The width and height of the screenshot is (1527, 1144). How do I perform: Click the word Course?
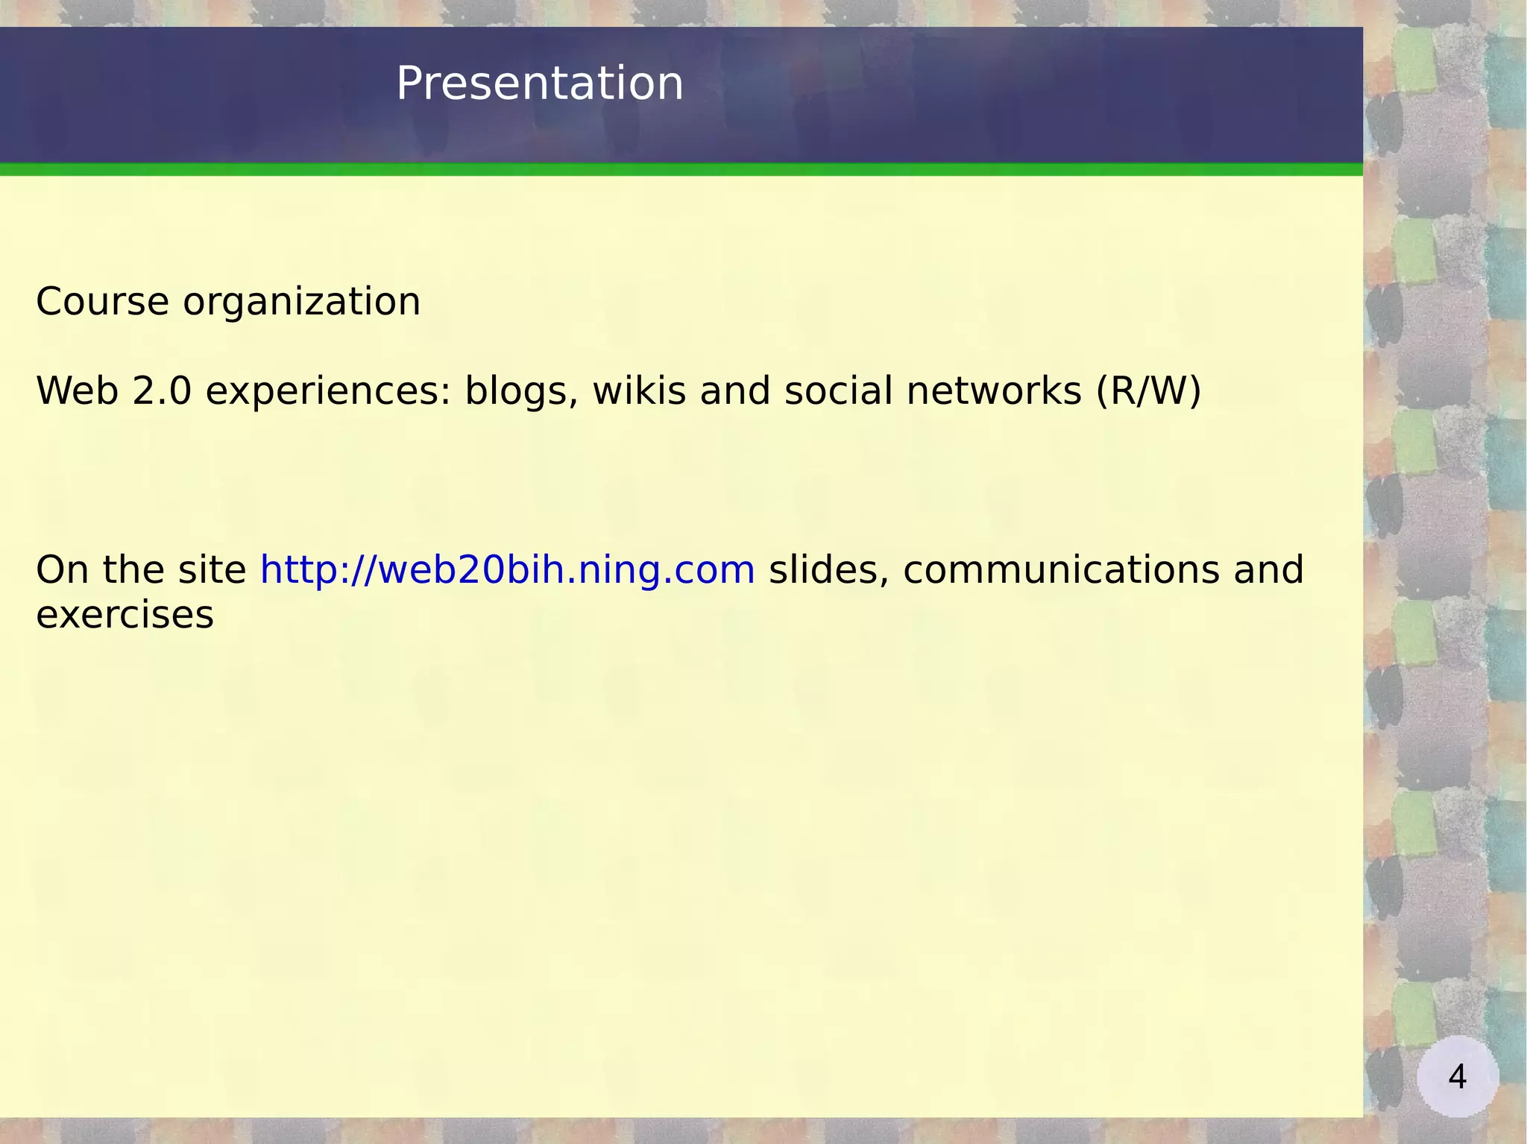click(102, 302)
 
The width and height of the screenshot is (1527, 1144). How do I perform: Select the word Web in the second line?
click(77, 391)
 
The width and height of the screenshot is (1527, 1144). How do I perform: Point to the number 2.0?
click(162, 391)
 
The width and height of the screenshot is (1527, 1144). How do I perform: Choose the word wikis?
click(639, 391)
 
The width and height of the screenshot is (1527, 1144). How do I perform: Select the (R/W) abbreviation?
click(1148, 391)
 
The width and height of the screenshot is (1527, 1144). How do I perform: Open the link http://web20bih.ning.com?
click(507, 570)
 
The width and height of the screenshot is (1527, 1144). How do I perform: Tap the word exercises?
click(125, 616)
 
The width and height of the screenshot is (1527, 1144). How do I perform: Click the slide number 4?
click(1457, 1077)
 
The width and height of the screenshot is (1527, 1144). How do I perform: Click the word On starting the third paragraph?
click(62, 570)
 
